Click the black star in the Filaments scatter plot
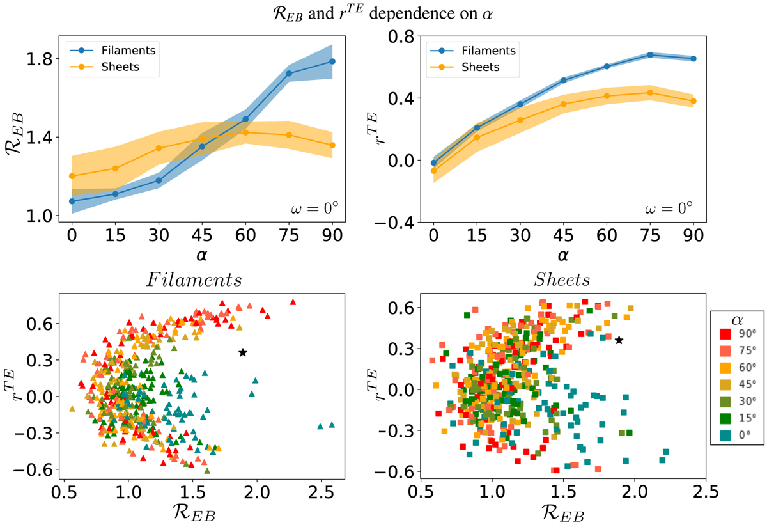pos(243,352)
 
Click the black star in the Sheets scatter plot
pos(619,340)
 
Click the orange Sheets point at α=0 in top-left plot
pos(72,176)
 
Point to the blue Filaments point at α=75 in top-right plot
pos(650,55)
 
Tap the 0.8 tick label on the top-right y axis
pos(399,36)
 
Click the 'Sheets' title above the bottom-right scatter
pos(563,281)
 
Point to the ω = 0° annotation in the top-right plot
pos(667,208)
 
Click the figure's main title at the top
pos(383,13)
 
